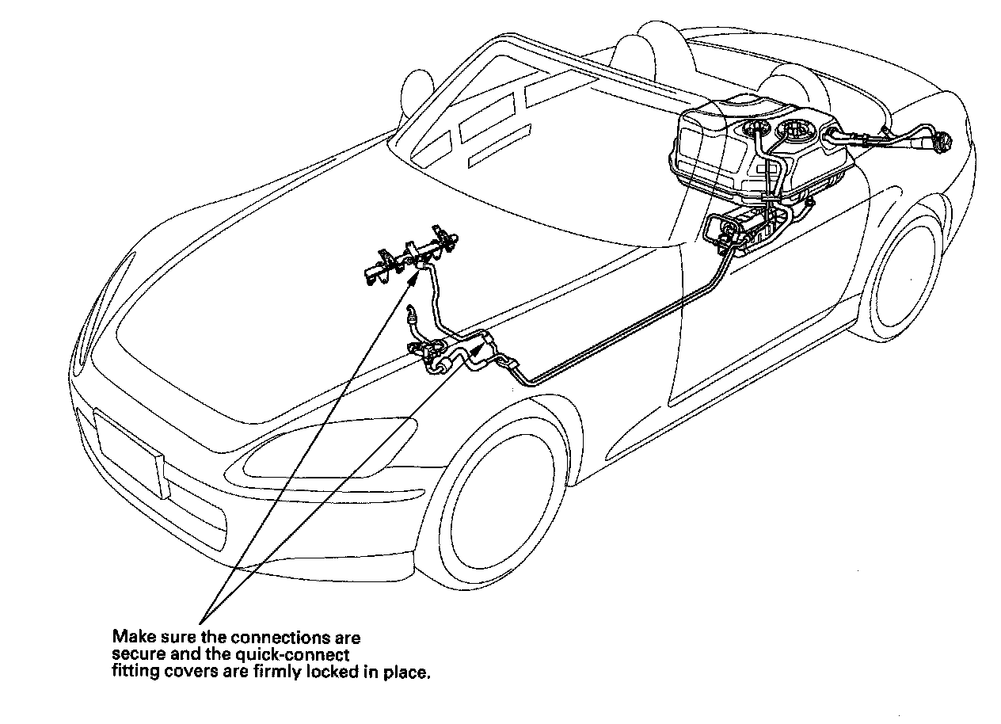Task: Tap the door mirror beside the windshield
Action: click(x=417, y=83)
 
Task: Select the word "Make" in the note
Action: click(x=128, y=637)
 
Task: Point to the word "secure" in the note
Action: click(x=133, y=655)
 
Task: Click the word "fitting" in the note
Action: click(x=132, y=673)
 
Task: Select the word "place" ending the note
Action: click(x=409, y=673)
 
